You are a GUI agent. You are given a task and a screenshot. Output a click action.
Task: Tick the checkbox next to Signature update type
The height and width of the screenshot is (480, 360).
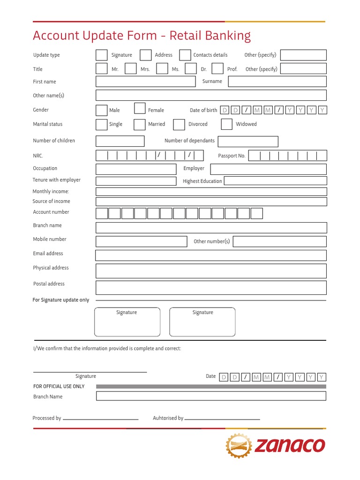(102, 55)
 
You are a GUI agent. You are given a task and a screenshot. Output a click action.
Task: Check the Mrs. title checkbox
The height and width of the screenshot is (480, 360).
(130, 69)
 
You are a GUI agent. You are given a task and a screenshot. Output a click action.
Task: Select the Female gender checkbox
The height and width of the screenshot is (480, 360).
(140, 109)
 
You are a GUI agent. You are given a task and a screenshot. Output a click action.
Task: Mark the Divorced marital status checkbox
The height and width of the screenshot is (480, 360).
(179, 124)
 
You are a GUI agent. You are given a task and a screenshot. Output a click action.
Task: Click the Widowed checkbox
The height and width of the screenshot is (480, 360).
(227, 124)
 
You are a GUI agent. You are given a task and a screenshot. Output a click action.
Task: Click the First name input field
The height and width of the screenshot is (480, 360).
(145, 82)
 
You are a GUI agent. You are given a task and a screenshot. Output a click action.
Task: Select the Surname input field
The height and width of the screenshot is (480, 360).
(277, 82)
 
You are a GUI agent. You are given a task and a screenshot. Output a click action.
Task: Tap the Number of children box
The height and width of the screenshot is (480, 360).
(120, 141)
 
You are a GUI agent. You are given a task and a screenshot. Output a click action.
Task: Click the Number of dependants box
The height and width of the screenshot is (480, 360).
(248, 142)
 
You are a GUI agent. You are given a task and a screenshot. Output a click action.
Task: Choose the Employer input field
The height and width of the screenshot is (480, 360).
(268, 169)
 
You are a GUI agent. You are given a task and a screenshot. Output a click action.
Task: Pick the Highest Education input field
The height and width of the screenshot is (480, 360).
(275, 181)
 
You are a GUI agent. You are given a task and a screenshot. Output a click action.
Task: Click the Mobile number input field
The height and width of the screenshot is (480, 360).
(142, 241)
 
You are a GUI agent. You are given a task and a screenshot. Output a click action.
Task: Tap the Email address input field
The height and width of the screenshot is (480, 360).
(211, 255)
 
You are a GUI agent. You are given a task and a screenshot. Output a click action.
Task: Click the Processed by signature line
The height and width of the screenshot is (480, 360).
(100, 419)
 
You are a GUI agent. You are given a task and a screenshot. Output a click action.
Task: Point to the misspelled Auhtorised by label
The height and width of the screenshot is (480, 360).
(168, 418)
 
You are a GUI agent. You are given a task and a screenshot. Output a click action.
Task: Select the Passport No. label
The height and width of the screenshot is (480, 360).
(232, 156)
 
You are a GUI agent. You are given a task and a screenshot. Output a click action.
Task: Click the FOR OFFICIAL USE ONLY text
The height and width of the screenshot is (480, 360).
(59, 386)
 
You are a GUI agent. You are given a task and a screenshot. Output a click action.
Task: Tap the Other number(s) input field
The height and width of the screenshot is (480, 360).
(279, 241)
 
